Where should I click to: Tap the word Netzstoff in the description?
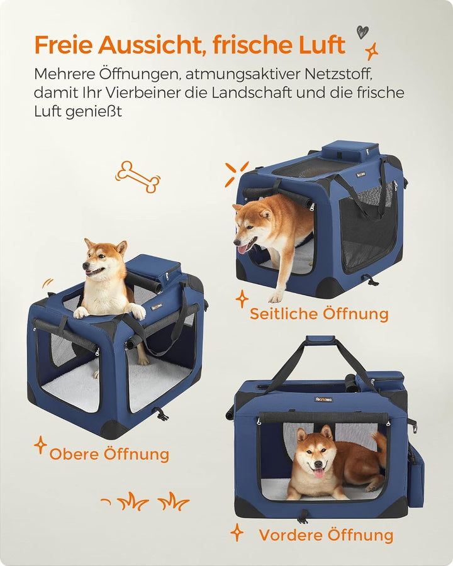tap(338, 74)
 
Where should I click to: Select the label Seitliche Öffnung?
tap(319, 313)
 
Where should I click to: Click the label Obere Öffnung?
tap(109, 453)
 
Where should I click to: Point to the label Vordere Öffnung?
tap(326, 535)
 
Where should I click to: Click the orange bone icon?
tap(138, 177)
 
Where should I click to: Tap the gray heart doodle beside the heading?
tap(362, 32)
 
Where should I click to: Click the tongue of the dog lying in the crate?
tap(319, 473)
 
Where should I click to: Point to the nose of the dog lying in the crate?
tap(318, 464)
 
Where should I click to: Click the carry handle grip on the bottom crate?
tap(320, 340)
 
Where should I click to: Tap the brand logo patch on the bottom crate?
tap(323, 399)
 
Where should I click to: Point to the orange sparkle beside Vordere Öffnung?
tap(237, 533)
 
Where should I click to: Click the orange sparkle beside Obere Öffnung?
tap(40, 445)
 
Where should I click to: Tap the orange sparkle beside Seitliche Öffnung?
tap(242, 299)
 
